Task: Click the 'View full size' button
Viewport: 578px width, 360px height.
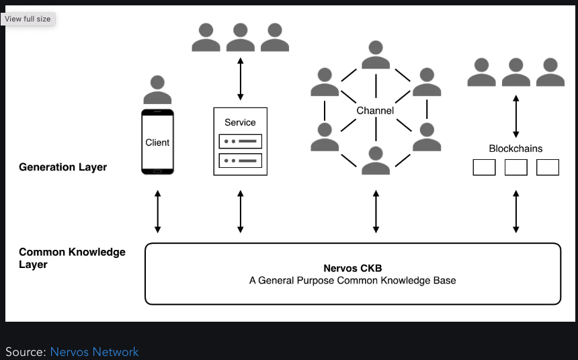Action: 28,19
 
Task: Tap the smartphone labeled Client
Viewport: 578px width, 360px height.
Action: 157,142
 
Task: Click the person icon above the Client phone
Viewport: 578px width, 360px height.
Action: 157,89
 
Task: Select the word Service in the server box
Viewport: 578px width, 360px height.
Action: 240,122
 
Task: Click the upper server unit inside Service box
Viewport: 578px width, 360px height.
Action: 240,142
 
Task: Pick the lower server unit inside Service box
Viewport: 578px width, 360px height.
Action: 240,161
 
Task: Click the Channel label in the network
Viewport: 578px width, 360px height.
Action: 375,110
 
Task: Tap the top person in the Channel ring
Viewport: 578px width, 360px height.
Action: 376,54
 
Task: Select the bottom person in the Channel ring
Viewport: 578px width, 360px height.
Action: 376,161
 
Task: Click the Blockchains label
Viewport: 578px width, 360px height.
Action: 515,148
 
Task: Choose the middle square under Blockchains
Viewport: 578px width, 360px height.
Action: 515,167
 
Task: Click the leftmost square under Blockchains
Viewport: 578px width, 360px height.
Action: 484,167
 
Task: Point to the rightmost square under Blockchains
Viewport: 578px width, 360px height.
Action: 548,167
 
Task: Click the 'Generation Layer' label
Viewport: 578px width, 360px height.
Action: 63,167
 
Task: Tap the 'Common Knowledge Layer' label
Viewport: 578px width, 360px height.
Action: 72,258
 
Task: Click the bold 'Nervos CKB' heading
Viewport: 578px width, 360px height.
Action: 352,269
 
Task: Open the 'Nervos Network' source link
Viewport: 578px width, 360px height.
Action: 94,352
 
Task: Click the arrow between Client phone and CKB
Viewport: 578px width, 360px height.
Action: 157,211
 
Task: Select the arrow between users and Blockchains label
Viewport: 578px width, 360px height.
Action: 515,116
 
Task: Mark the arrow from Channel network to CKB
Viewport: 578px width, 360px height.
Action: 376,211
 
